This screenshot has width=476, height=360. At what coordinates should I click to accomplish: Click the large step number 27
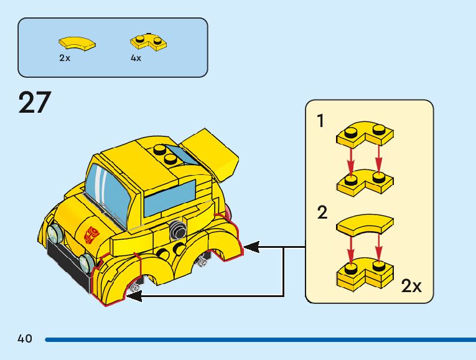tap(35, 103)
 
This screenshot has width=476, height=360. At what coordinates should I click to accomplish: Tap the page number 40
tap(25, 339)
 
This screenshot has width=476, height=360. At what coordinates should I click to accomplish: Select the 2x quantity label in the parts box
tap(65, 58)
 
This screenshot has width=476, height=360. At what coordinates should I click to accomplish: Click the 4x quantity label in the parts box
tap(136, 58)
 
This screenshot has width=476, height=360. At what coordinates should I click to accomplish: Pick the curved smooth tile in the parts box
tap(77, 43)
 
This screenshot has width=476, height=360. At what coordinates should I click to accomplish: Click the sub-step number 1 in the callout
tap(321, 121)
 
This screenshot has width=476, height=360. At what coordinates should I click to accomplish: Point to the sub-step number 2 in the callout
tap(322, 213)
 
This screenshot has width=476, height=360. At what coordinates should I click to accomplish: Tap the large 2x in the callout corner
tap(411, 286)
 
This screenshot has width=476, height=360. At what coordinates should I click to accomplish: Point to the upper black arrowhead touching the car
tap(251, 247)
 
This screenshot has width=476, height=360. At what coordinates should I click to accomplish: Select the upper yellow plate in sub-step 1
tap(365, 135)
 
